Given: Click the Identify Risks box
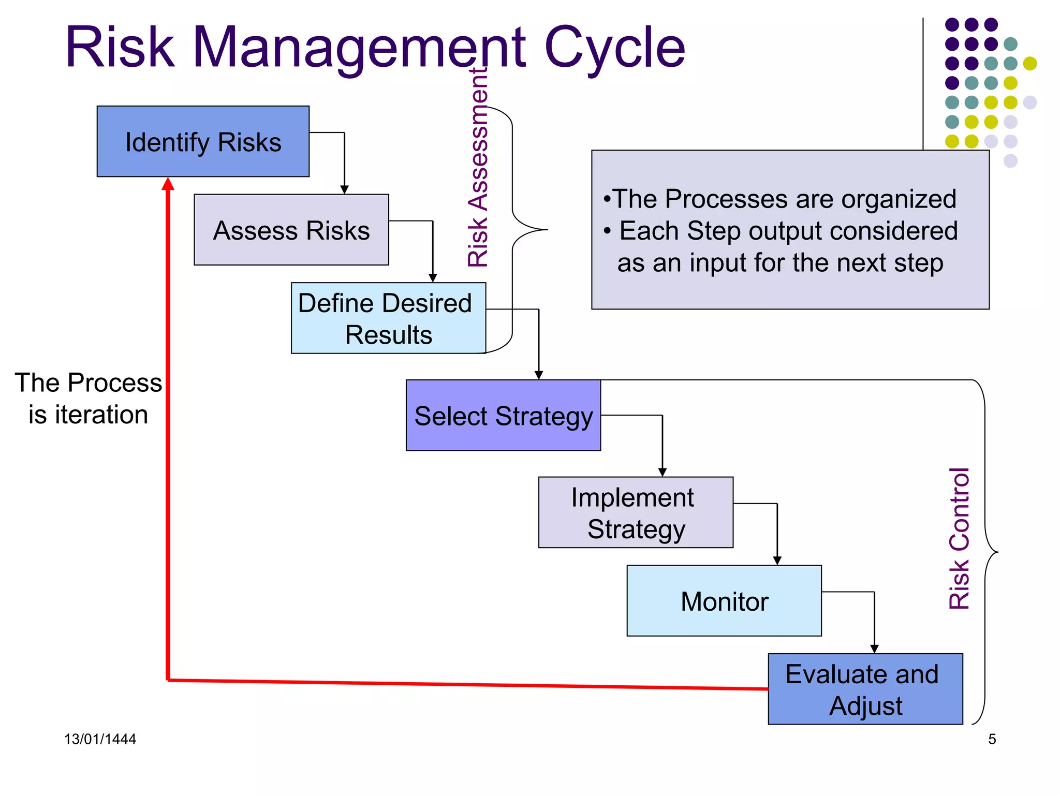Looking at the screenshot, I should point(203,142).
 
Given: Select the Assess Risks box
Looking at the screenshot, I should point(291,230).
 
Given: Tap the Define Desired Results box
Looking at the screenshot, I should point(388,318).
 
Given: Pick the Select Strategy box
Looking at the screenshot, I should point(503,416).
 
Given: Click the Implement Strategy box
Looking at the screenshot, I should point(636,512).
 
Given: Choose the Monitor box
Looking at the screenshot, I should point(724,601).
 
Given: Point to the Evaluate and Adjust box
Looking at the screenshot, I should point(865,689).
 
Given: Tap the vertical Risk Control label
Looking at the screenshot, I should point(959,538).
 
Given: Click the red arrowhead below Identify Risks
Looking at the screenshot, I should point(168,184).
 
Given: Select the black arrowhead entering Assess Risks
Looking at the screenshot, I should point(344,190).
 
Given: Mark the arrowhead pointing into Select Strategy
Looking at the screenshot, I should point(539,375).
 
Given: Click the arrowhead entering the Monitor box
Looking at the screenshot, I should point(777,561).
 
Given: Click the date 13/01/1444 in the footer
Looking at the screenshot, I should point(100,739).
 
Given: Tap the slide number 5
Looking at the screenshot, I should point(992,739).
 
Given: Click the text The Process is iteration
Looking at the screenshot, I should point(88,399).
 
